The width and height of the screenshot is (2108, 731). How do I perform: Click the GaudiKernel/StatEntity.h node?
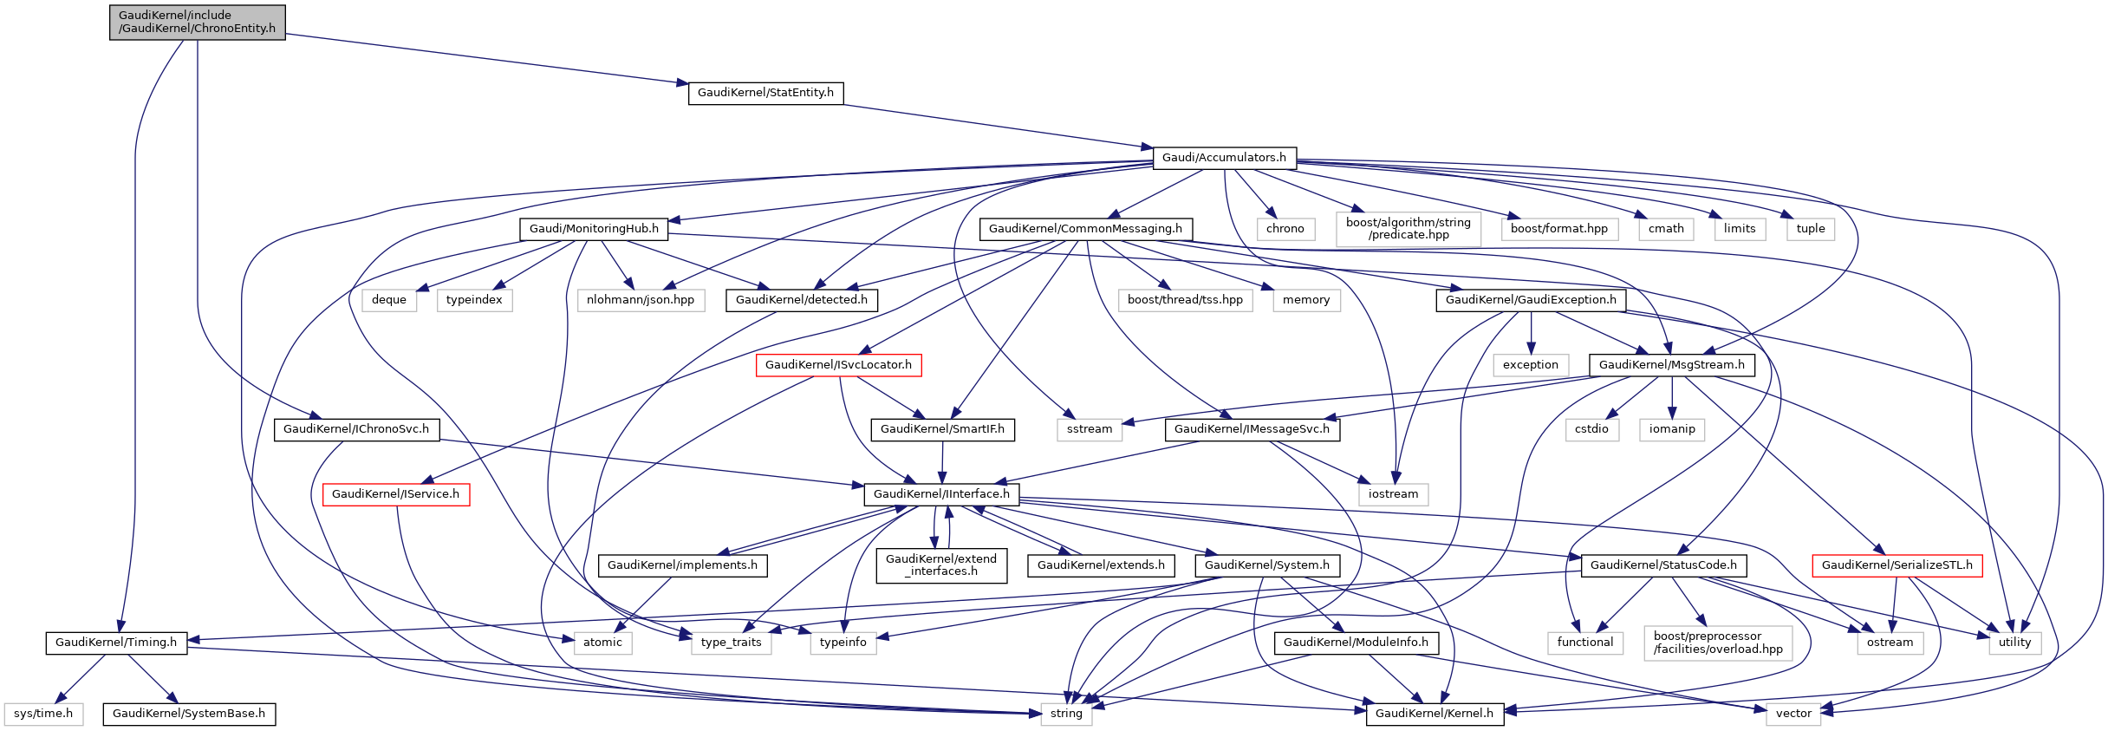pos(765,93)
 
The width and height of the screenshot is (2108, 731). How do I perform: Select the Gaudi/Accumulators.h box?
pos(1224,158)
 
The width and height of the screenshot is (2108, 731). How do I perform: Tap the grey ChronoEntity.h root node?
pos(198,22)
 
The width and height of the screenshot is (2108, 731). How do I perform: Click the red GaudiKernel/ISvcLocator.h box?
pos(838,365)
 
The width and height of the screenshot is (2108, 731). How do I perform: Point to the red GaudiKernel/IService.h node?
pos(395,494)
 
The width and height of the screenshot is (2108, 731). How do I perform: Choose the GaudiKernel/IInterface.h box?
pos(941,494)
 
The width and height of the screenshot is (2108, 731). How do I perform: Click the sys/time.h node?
pos(43,714)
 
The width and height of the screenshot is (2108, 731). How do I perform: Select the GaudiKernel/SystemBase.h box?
pos(189,714)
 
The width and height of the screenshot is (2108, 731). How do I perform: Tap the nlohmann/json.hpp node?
pos(641,300)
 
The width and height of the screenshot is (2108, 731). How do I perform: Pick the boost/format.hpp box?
pos(1558,229)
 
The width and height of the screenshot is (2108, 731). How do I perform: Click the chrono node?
pos(1285,229)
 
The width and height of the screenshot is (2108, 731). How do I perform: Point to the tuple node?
pos(1810,229)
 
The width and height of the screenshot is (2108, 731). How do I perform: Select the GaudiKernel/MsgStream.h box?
pos(1671,365)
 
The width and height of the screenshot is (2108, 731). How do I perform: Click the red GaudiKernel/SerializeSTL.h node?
pos(1897,565)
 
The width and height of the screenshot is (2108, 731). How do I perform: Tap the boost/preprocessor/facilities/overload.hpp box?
pos(1718,643)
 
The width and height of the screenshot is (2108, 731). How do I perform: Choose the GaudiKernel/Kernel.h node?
pos(1434,714)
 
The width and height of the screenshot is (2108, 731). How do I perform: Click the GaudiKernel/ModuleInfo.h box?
pos(1356,643)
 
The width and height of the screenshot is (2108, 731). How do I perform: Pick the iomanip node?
pos(1672,429)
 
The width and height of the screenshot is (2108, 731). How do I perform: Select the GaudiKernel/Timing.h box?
pos(116,643)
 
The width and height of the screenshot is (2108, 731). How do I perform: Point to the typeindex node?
pos(474,300)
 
